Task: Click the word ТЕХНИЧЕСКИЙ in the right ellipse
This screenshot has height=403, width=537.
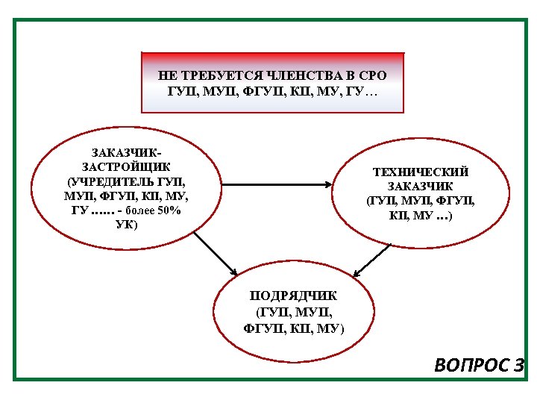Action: coord(421,172)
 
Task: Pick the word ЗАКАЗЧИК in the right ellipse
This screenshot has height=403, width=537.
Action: coord(421,187)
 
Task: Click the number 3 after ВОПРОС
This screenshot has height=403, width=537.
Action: coord(519,366)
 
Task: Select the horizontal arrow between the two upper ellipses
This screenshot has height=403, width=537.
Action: coord(277,184)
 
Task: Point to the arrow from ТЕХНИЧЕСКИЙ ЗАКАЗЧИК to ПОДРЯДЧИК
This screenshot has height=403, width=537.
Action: coord(372,261)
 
